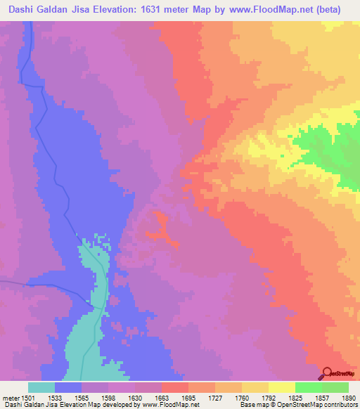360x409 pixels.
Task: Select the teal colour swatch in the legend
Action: click(x=41, y=387)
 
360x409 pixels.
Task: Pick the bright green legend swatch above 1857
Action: click(x=308, y=387)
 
